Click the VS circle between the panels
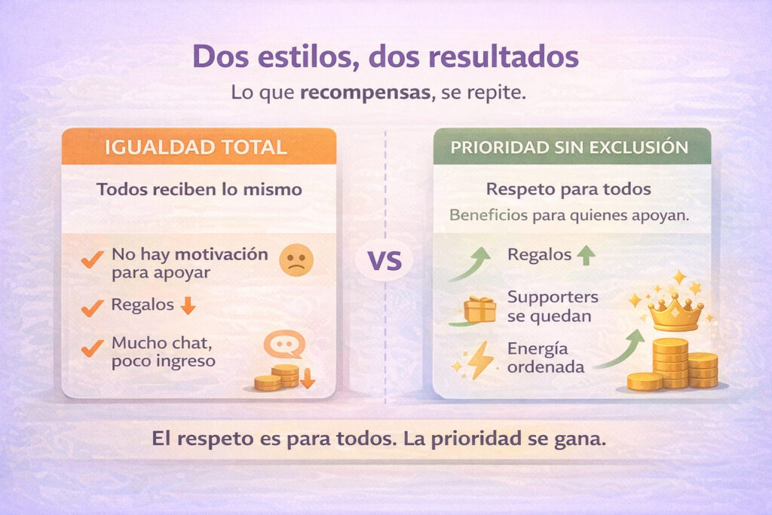coord(384,262)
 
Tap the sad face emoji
coord(296,260)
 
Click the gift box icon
coord(479,308)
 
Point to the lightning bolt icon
coord(480,361)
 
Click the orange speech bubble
coord(284,345)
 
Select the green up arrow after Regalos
coord(585,256)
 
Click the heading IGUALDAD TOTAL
coord(198,146)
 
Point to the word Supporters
coord(553,296)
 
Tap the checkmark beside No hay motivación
coord(92,261)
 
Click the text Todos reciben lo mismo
coord(199,189)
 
